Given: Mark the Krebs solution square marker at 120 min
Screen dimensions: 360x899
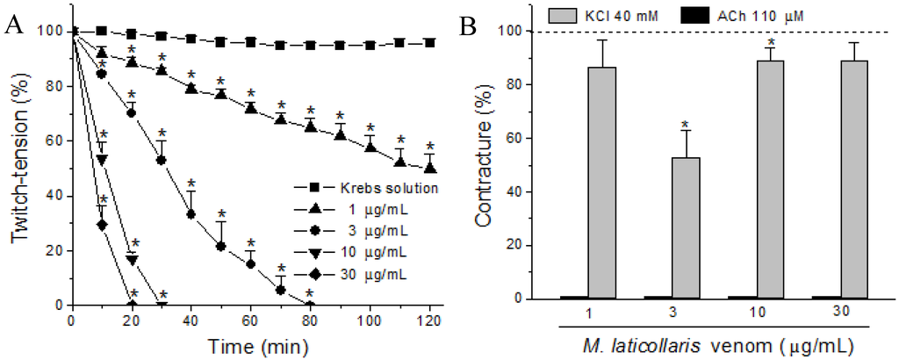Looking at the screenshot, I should coord(429,42).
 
